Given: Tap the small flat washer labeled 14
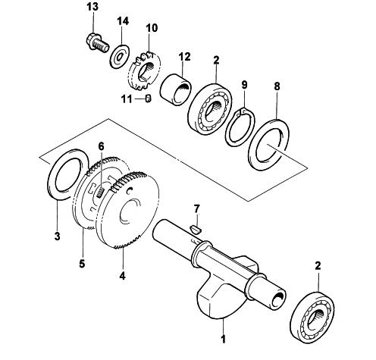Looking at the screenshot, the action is [x=120, y=56].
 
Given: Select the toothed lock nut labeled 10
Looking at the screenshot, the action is [x=144, y=71].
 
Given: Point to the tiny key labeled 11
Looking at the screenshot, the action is [x=149, y=99].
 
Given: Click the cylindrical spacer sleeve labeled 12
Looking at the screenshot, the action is [x=176, y=89].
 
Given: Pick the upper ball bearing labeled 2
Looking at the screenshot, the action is [x=210, y=106].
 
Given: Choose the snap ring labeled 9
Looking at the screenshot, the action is [x=240, y=127].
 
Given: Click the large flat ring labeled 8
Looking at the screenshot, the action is [x=270, y=145].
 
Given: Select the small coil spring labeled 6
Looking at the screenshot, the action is [x=100, y=193].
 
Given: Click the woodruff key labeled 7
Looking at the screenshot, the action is [x=196, y=229].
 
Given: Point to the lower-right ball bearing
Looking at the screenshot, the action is [x=313, y=318].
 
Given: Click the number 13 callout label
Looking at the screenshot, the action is [x=92, y=7].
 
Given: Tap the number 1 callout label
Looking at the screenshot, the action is [x=223, y=339].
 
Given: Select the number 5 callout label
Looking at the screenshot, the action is [x=82, y=264].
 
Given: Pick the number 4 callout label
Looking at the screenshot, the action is [x=122, y=276].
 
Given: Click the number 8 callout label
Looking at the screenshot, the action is [x=277, y=86].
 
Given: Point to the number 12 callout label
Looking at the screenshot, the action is [x=184, y=57].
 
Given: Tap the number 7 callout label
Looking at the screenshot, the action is [x=196, y=209].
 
